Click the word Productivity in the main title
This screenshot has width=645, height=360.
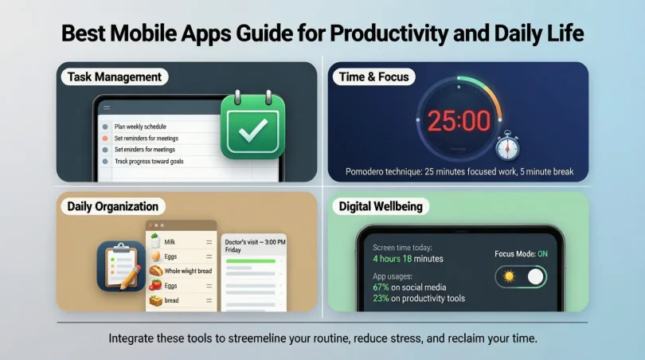tap(386, 34)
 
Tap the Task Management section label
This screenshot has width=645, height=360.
tap(114, 77)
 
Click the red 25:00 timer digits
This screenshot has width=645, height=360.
tap(459, 121)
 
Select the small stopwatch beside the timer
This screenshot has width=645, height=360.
tap(507, 147)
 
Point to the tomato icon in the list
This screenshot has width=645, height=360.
tap(155, 285)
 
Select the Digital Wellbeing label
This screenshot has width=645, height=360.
tap(381, 206)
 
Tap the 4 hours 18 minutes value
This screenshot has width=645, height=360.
tap(408, 259)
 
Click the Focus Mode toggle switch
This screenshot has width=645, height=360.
tap(522, 277)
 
